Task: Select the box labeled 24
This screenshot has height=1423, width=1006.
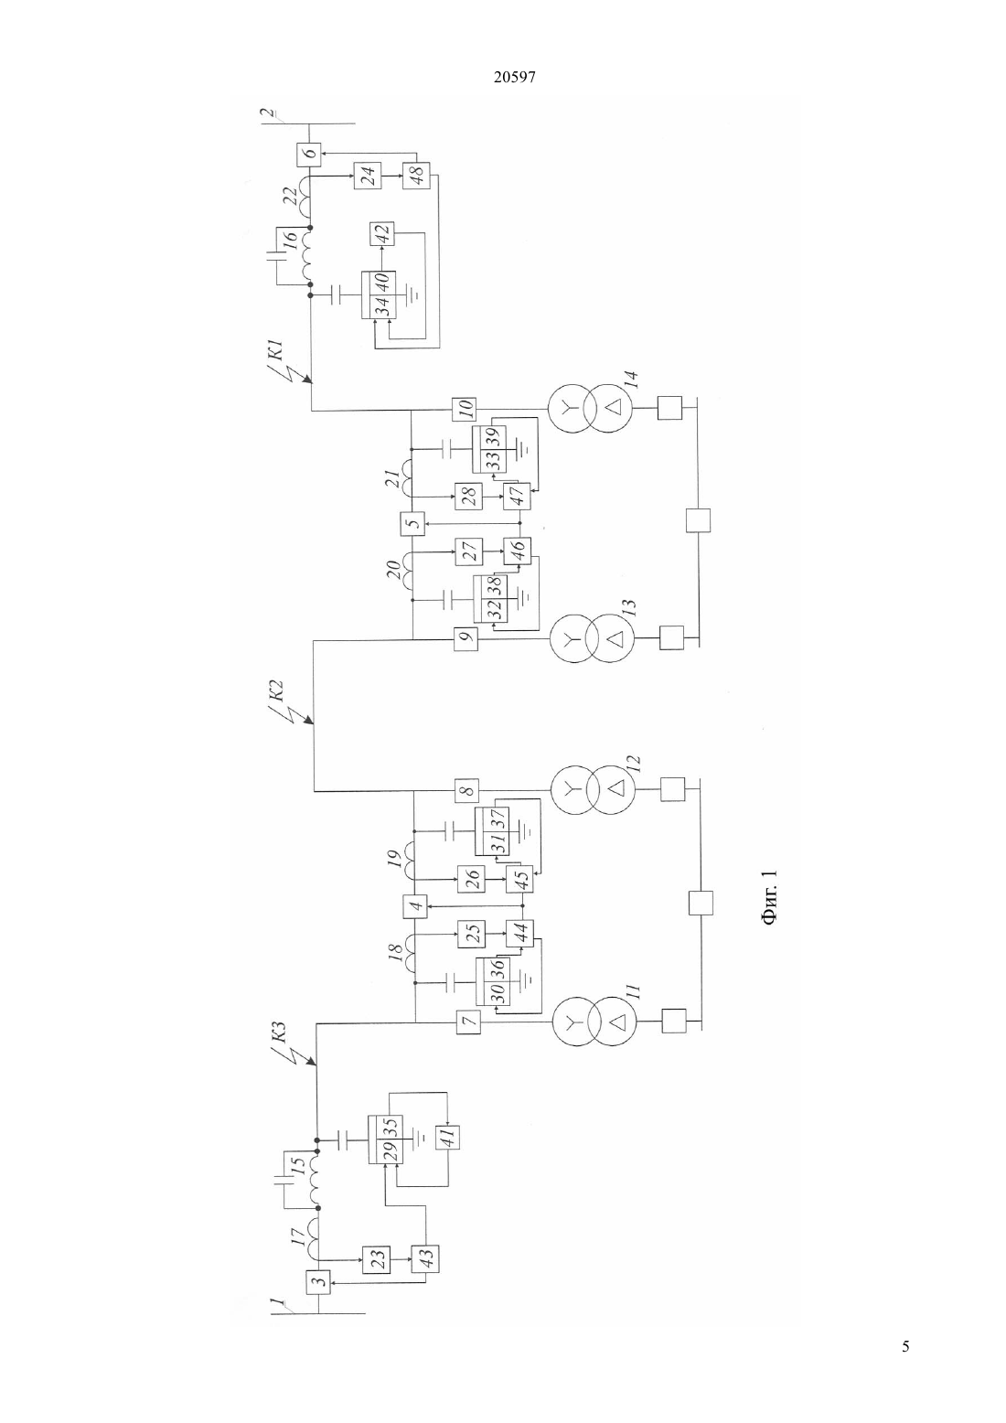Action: [x=368, y=175]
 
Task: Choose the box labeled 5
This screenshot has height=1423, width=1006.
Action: [x=412, y=524]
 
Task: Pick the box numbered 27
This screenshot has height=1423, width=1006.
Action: [x=468, y=551]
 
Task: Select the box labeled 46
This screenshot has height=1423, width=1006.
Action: [x=517, y=551]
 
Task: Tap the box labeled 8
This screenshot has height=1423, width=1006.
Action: [x=466, y=790]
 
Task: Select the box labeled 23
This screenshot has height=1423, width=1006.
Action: [x=375, y=1257]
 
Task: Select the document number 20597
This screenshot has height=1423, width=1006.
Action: [x=514, y=78]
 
